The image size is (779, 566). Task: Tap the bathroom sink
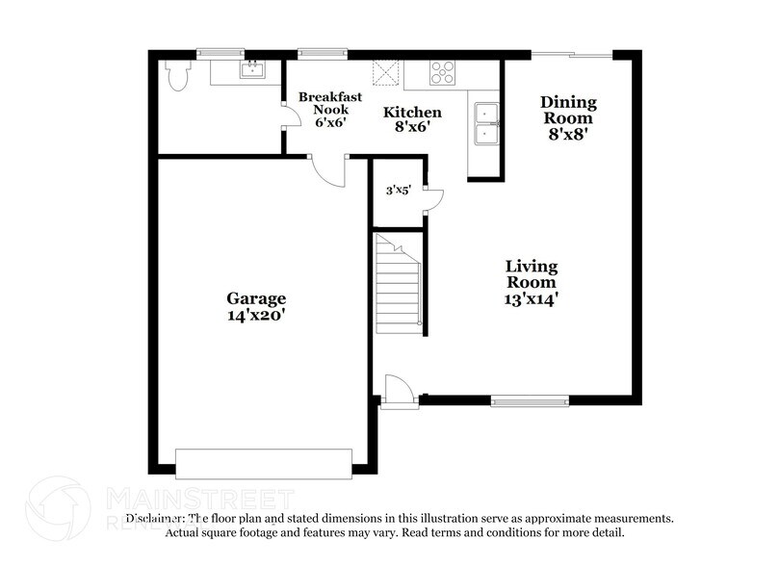(x=253, y=69)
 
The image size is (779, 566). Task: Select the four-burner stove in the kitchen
(x=442, y=73)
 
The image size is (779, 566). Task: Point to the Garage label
(x=256, y=297)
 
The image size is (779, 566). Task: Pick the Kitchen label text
(x=412, y=113)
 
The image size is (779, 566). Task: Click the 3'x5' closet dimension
(x=399, y=191)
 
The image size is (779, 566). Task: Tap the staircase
(x=399, y=284)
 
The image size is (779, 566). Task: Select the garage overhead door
(x=263, y=463)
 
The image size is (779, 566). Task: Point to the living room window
(x=529, y=400)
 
